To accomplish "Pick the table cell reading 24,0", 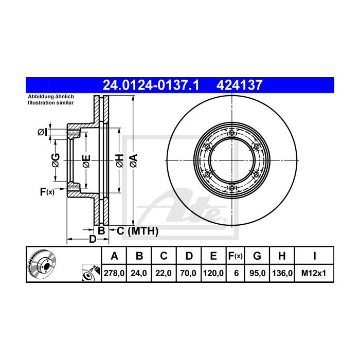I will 139,274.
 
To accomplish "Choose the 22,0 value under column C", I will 164,274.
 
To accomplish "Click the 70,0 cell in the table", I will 188,274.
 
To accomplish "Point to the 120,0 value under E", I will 213,274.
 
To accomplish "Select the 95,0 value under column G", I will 258,274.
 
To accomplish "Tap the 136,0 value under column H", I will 283,274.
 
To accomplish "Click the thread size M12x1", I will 314,274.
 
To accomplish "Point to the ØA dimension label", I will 133,160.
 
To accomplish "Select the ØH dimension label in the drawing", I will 119,160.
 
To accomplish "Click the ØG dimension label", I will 56,160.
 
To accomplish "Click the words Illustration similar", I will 51,103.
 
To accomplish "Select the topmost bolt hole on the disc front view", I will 232,134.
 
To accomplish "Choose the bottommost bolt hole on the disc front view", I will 232,188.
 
